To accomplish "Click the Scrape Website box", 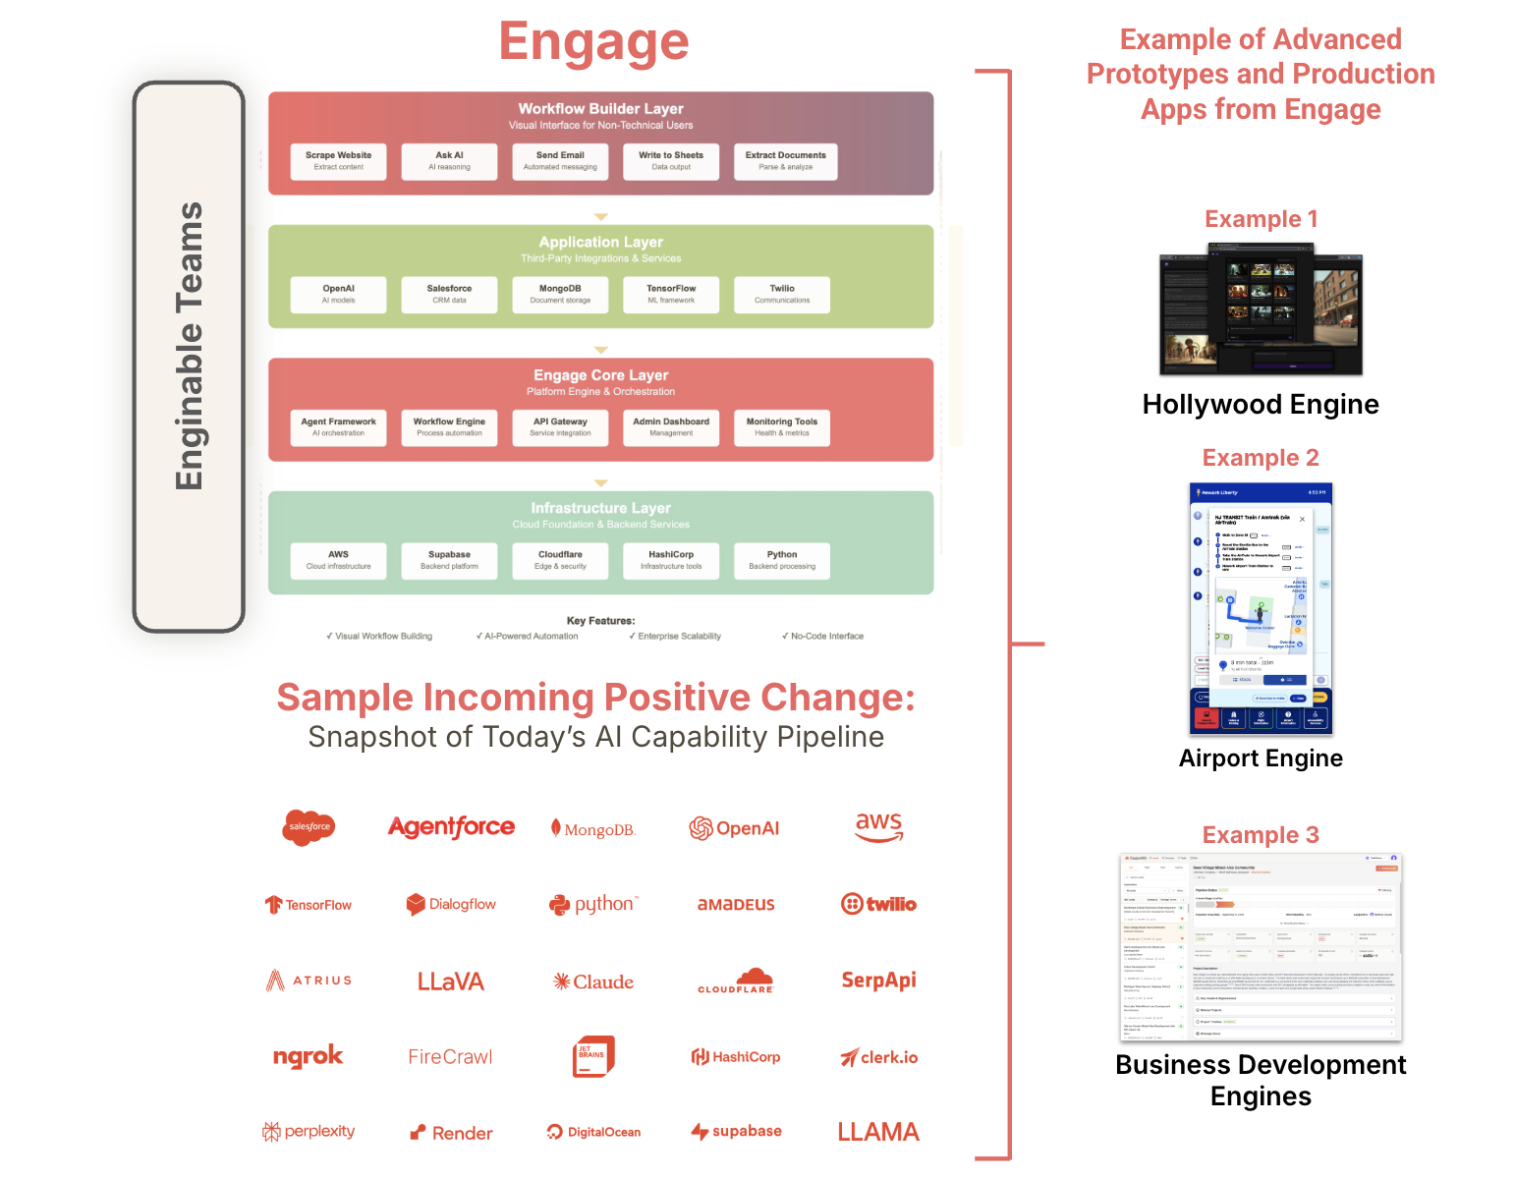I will [338, 161].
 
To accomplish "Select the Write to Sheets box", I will [671, 161].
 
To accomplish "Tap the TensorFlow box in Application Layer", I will [671, 295].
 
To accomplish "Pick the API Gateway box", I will [560, 427].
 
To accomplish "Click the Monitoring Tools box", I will [782, 427].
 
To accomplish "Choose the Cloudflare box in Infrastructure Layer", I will [560, 560].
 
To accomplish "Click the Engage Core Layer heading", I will [600, 375].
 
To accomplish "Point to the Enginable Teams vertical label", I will [189, 346].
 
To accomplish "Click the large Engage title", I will [593, 42].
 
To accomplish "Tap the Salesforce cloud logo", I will [309, 827].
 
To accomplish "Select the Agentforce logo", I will [451, 827].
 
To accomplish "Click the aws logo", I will [878, 826].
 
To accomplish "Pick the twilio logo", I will [878, 904].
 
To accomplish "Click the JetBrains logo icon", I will [593, 1056].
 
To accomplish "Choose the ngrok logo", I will [308, 1056].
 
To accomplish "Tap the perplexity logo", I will [309, 1132].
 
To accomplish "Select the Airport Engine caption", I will [1261, 758].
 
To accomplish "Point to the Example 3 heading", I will [1261, 835].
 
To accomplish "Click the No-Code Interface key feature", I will [823, 637].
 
